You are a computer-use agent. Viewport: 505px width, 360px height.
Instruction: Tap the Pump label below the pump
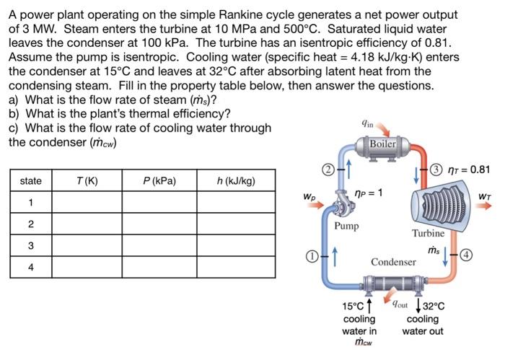tap(346, 226)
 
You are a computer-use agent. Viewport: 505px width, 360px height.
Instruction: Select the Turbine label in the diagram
tap(428, 233)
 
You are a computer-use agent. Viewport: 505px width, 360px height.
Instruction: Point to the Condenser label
tap(393, 260)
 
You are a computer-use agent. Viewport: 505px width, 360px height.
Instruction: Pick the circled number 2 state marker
tap(326, 171)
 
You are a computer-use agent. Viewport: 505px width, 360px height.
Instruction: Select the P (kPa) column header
tap(159, 180)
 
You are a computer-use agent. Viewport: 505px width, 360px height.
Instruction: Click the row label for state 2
tap(30, 224)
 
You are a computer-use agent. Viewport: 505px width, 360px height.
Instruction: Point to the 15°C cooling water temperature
tap(353, 307)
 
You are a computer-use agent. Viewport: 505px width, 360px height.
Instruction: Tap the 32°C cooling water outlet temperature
tap(432, 307)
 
